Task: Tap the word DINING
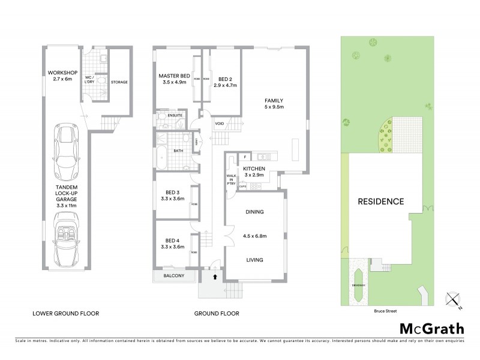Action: pos(254,212)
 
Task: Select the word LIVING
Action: pos(254,260)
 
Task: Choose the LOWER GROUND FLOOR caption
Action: pos(65,313)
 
